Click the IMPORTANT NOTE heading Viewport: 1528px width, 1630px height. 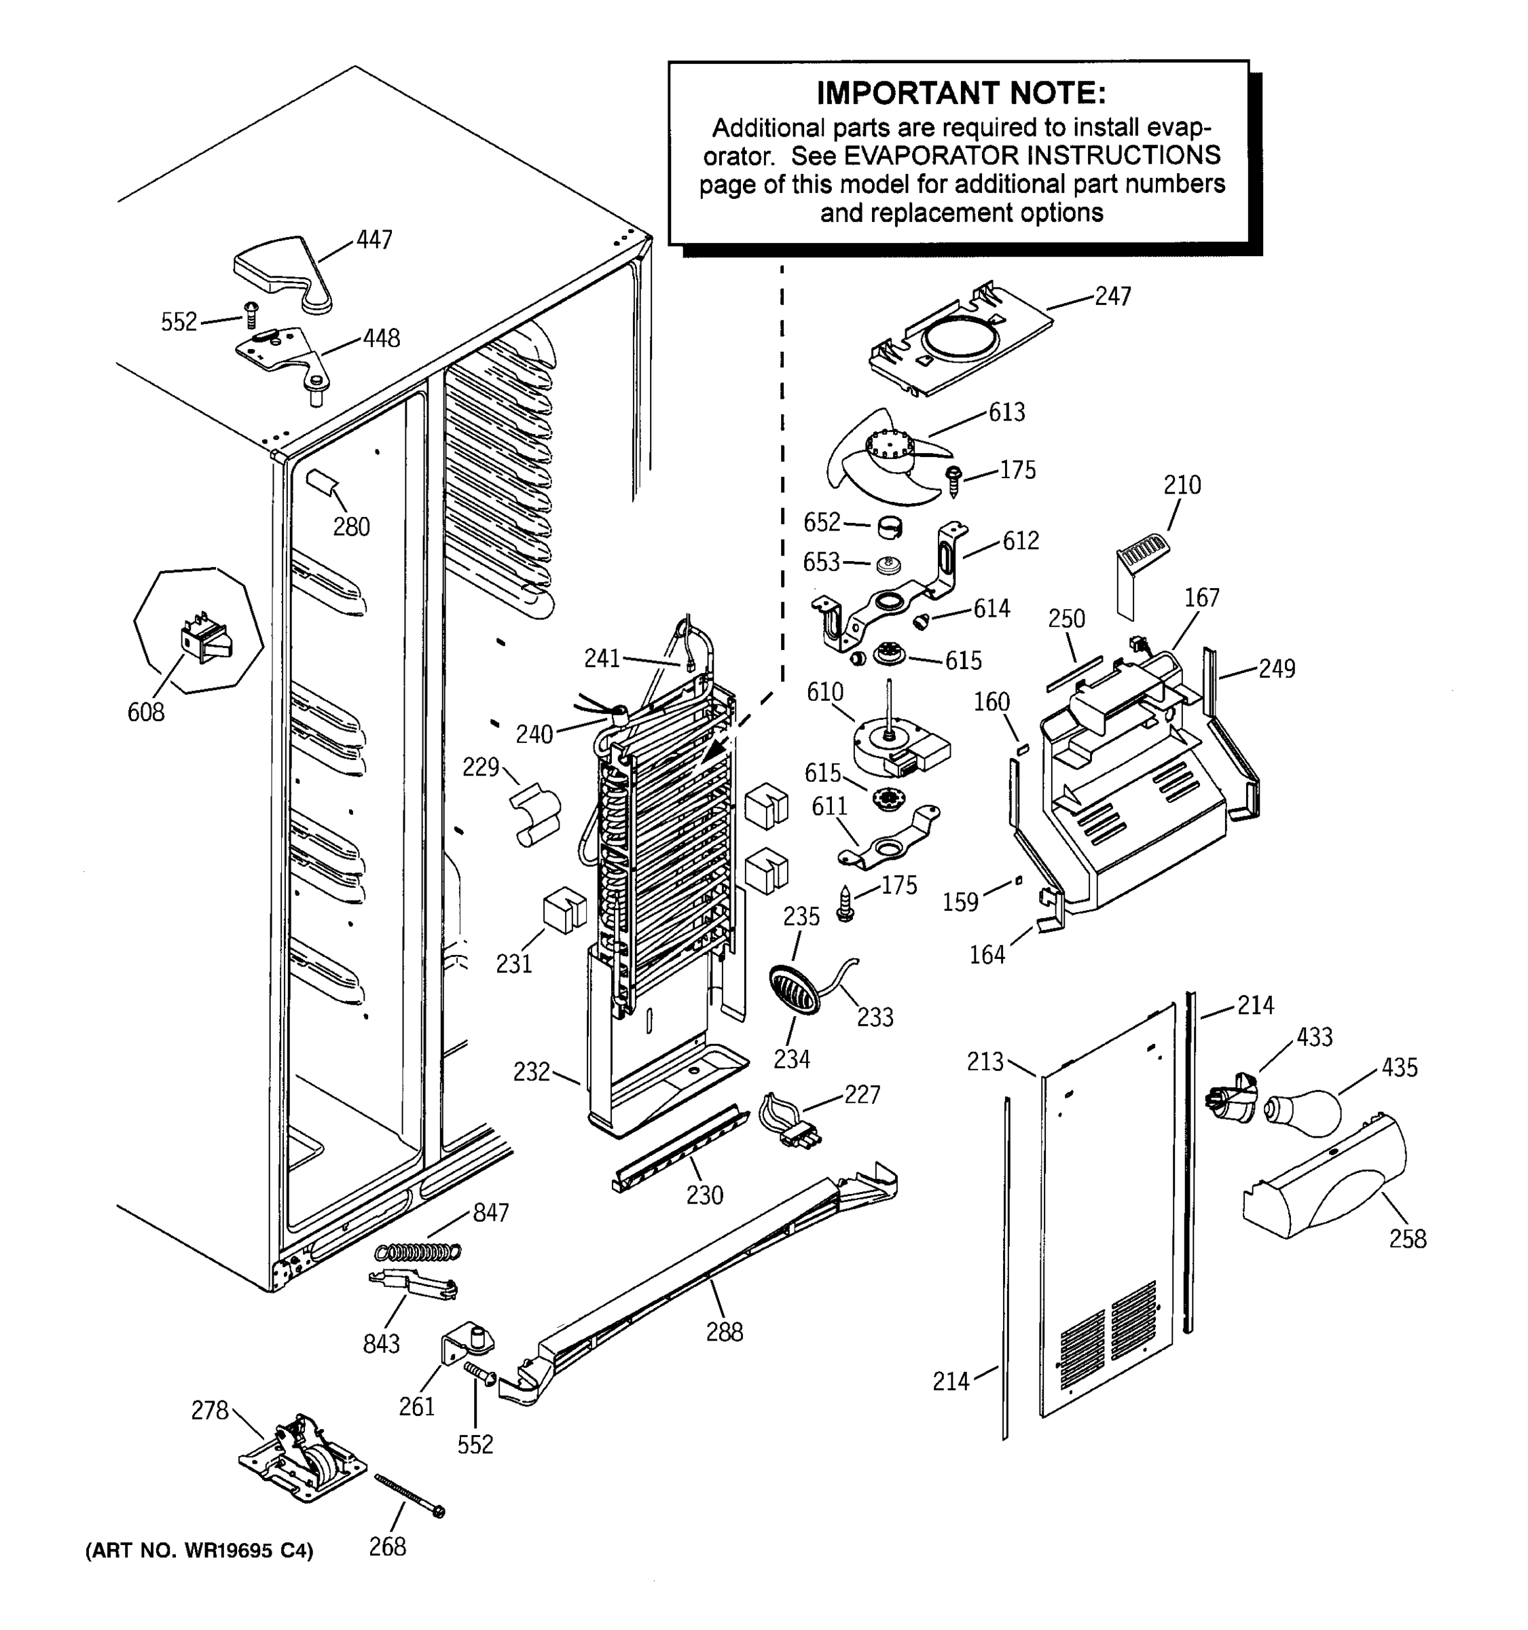pyautogui.click(x=961, y=94)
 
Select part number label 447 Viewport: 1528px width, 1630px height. pyautogui.click(x=374, y=240)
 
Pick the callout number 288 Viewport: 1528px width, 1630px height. pyautogui.click(x=725, y=1332)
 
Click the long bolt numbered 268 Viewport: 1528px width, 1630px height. pyautogui.click(x=408, y=1494)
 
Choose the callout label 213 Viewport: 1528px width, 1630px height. pyautogui.click(x=985, y=1061)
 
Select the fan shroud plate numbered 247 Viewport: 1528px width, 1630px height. pyautogui.click(x=959, y=340)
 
